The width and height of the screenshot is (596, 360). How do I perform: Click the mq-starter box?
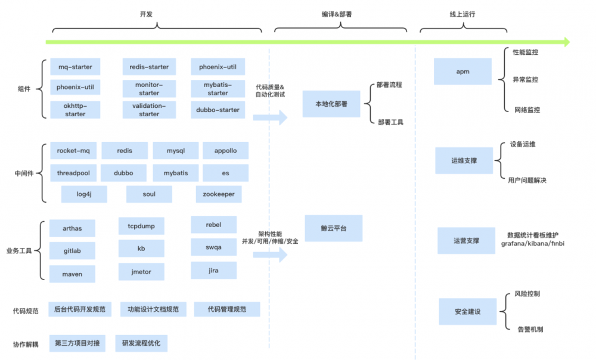75,67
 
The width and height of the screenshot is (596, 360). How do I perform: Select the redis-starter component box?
149,67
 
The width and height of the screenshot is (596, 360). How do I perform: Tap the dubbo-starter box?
218,110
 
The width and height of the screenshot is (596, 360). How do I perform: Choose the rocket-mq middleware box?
73,151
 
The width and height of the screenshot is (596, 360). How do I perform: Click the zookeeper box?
218,194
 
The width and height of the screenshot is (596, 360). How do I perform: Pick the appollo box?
226,151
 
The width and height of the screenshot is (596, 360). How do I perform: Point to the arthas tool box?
72,228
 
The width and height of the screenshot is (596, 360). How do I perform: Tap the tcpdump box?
141,226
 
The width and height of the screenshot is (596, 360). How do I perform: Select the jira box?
213,271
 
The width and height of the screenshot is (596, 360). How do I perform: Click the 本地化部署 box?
331,104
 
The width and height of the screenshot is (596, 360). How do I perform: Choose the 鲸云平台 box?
333,228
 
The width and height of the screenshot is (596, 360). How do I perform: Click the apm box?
462,72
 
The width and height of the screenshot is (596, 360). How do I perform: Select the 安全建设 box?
467,311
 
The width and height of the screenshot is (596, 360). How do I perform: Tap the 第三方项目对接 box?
77,343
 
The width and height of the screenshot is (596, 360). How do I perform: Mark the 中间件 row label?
24,173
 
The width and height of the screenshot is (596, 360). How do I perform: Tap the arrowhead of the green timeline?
564,42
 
